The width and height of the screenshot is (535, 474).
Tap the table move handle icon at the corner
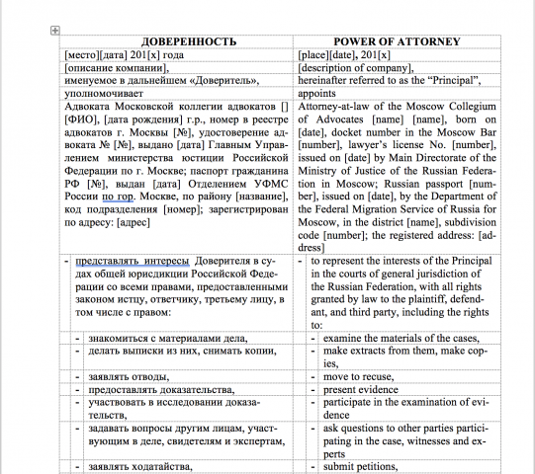(x=54, y=32)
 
